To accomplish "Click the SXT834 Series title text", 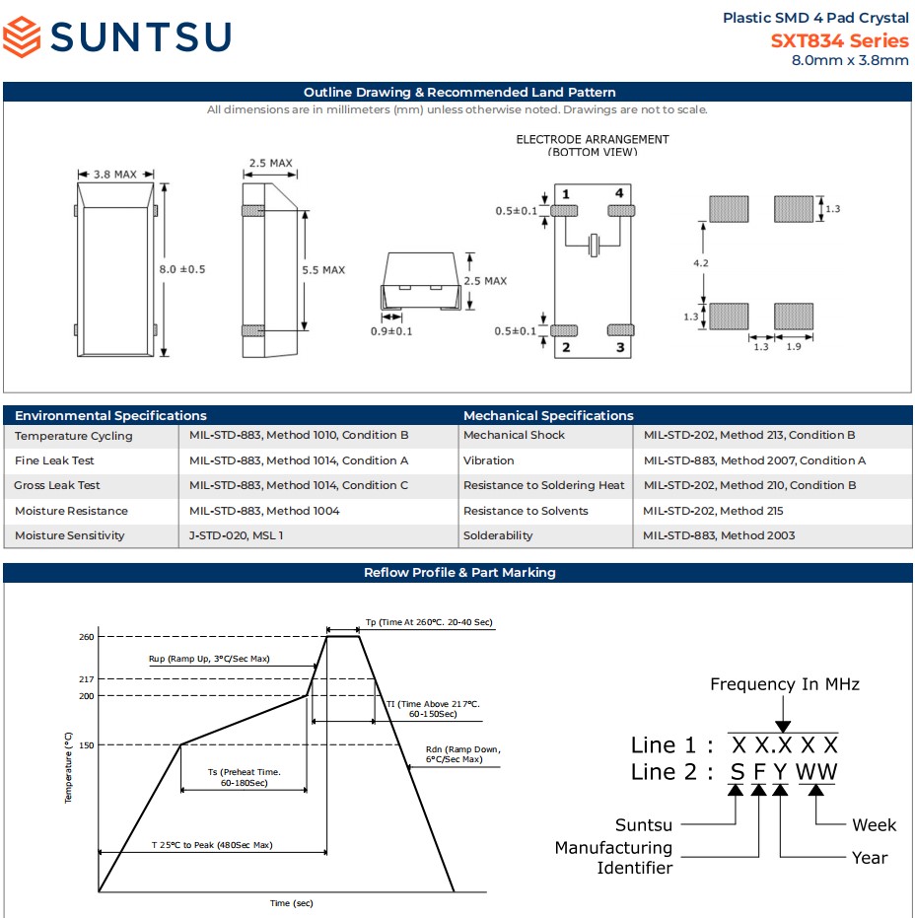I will [x=839, y=40].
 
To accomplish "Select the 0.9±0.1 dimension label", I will [x=391, y=331].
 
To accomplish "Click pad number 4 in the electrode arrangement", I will [x=619, y=193].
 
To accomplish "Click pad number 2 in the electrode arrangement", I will [x=566, y=347].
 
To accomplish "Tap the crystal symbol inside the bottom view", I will [x=594, y=244].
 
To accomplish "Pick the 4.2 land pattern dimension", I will [x=700, y=264].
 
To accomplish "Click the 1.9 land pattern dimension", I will [x=793, y=347].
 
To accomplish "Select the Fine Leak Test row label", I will [x=54, y=460].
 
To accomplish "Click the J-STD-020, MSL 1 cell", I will [x=241, y=535].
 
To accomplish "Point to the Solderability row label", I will [x=498, y=535].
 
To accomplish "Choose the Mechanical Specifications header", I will [x=548, y=415].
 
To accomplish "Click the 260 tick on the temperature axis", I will [x=87, y=637].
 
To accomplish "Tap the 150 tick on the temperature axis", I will [x=87, y=745].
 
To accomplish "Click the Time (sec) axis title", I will [x=291, y=903].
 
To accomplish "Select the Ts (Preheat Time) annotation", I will [x=244, y=777].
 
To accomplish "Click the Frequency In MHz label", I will [x=785, y=684].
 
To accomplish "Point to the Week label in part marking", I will [x=875, y=824].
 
